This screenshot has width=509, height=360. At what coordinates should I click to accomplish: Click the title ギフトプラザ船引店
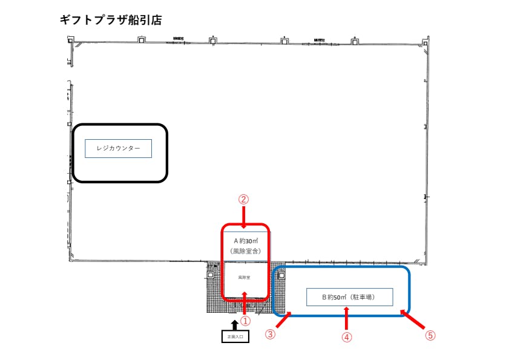click(111, 20)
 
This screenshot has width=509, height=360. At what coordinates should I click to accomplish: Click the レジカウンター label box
click(118, 148)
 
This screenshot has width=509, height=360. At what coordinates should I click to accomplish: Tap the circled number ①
click(246, 321)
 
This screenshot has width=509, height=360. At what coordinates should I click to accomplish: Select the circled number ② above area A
click(243, 198)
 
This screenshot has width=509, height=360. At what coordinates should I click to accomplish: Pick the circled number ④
click(347, 338)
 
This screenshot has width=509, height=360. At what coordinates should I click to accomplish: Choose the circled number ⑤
click(430, 334)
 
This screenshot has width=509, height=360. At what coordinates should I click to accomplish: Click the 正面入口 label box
click(235, 336)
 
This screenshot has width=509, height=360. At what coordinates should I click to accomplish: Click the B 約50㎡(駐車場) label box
click(349, 297)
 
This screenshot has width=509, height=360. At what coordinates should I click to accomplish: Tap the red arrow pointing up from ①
click(245, 302)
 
